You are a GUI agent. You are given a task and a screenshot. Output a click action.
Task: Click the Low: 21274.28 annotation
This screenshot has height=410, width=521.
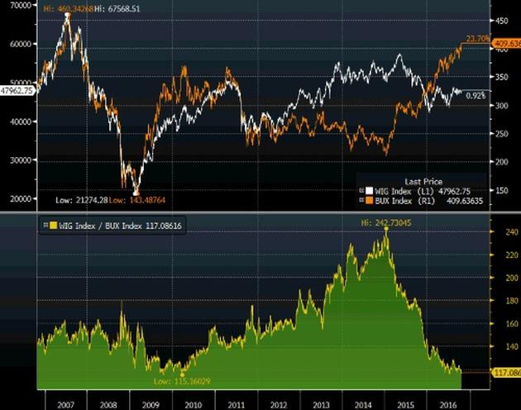click(82, 200)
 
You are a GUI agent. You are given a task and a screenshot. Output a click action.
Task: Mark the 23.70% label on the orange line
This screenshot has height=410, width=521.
click(478, 39)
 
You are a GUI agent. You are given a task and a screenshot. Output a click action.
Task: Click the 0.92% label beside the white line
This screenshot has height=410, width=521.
click(476, 96)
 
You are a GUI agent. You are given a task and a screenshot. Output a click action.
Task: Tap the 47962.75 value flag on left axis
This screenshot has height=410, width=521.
click(17, 91)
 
